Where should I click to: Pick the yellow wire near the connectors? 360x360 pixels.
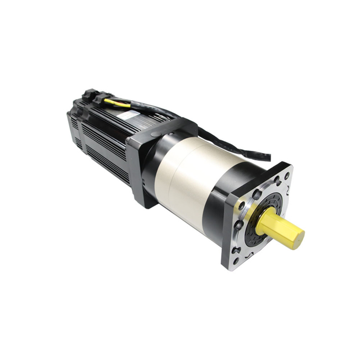[116, 102]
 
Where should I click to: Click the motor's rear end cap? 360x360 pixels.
[72, 127]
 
